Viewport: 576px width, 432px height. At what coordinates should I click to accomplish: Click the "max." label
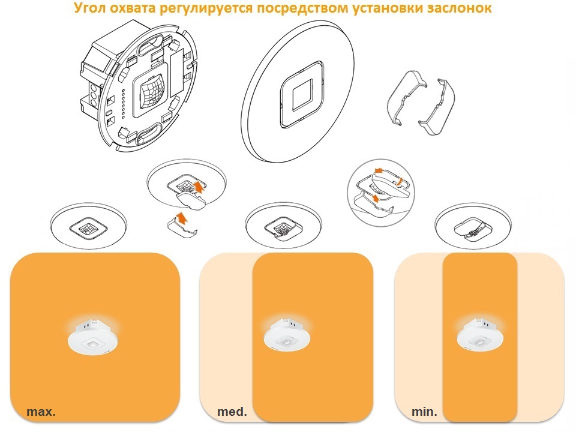41,412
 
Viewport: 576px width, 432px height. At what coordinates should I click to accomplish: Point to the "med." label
232,412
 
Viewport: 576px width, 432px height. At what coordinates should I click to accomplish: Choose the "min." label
424,412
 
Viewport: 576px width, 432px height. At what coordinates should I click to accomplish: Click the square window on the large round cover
302,95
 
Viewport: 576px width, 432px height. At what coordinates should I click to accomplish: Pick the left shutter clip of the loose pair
406,97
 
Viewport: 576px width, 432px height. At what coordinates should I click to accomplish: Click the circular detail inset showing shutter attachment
380,191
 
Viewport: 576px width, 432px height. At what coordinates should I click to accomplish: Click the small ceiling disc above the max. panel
89,225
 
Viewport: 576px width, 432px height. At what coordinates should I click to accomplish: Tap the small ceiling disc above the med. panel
283,225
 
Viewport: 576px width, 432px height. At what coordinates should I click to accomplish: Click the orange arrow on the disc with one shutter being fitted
199,186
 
